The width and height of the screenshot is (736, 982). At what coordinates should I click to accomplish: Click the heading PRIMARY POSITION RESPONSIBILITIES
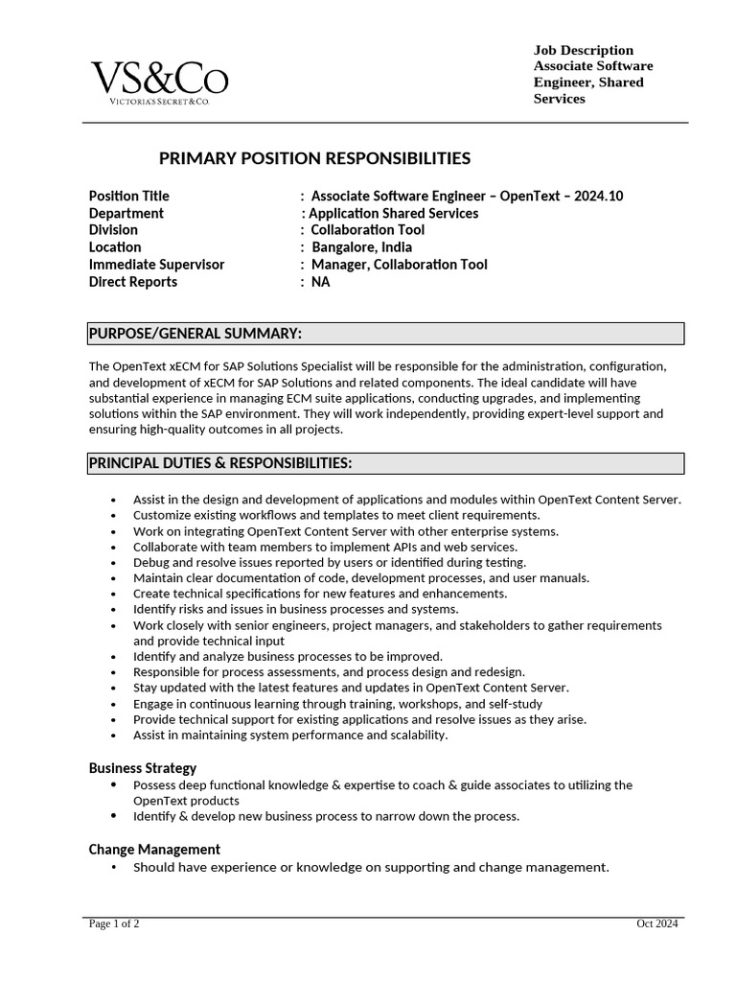tap(314, 158)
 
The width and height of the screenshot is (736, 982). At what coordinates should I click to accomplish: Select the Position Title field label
tap(128, 196)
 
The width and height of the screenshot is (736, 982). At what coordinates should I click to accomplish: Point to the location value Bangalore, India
tap(362, 247)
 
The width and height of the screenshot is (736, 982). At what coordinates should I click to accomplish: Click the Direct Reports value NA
tap(320, 282)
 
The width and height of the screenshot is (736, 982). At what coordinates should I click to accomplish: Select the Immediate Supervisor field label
tap(156, 265)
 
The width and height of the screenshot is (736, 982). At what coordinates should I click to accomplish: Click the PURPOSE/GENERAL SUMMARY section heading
tap(195, 334)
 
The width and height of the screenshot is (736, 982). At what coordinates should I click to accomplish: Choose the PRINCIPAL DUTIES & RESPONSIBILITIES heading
tap(220, 464)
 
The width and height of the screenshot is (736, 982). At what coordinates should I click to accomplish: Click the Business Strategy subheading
tap(143, 768)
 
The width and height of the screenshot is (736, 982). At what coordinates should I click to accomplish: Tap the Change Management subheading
tap(154, 850)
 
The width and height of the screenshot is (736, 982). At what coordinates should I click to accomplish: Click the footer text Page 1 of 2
tap(114, 924)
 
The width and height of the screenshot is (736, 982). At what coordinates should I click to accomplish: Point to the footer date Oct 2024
tap(657, 924)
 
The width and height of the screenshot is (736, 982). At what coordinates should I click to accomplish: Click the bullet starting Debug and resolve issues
tap(330, 562)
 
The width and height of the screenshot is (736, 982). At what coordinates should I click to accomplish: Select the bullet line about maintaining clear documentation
tap(361, 578)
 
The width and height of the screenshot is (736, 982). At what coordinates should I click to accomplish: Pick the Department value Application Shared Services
tap(393, 213)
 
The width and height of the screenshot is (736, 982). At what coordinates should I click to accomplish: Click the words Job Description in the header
tap(583, 50)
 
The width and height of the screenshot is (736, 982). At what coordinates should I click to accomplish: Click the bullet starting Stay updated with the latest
tap(351, 688)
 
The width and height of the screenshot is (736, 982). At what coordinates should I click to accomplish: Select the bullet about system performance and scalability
tap(290, 736)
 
